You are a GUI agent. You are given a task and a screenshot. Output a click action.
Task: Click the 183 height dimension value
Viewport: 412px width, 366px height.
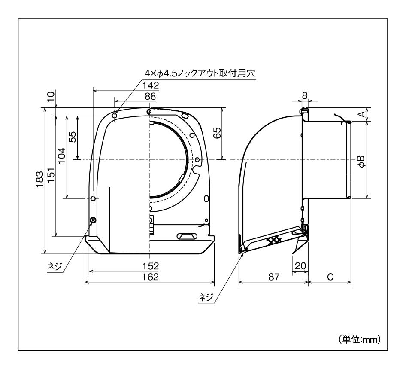tap(40, 179)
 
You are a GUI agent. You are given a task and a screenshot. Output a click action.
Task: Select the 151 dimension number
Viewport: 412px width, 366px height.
tap(51, 175)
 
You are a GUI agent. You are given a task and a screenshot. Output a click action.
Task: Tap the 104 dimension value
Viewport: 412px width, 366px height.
tap(61, 156)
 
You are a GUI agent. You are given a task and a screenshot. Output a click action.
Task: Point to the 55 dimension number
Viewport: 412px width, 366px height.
tap(73, 137)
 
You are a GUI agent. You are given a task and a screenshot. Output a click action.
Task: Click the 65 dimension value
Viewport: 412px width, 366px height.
tap(217, 133)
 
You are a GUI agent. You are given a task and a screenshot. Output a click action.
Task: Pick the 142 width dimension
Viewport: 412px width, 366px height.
tap(151, 85)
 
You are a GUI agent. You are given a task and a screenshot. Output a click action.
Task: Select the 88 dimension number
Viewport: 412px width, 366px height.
tap(150, 96)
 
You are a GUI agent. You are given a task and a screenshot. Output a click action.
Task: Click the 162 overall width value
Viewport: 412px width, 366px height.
tap(151, 277)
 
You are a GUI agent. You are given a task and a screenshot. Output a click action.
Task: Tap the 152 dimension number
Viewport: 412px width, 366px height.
tap(151, 266)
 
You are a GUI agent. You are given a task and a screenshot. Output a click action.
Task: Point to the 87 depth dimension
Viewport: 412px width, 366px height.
tap(274, 277)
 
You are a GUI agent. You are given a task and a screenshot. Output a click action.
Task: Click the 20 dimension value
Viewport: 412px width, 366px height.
tap(300, 266)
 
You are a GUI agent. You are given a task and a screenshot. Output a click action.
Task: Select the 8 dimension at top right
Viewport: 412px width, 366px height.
tap(305, 96)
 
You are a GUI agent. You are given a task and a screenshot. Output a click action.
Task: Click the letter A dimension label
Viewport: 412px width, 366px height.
tap(362, 114)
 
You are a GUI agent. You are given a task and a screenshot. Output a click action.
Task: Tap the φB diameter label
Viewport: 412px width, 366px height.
tap(362, 162)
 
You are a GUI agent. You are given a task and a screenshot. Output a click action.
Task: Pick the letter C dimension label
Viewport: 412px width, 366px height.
tap(330, 277)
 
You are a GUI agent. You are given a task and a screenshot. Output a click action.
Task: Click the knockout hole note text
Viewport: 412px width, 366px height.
tap(200, 73)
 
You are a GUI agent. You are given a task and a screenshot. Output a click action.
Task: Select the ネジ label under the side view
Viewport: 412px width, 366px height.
tap(206, 297)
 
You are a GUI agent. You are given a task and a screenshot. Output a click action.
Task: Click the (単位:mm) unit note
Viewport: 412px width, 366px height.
tap(360, 340)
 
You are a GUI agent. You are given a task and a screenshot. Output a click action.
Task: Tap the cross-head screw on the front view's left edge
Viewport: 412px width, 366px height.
tap(93, 220)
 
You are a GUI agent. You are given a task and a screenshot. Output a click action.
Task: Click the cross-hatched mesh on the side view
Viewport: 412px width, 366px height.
tap(274, 240)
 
